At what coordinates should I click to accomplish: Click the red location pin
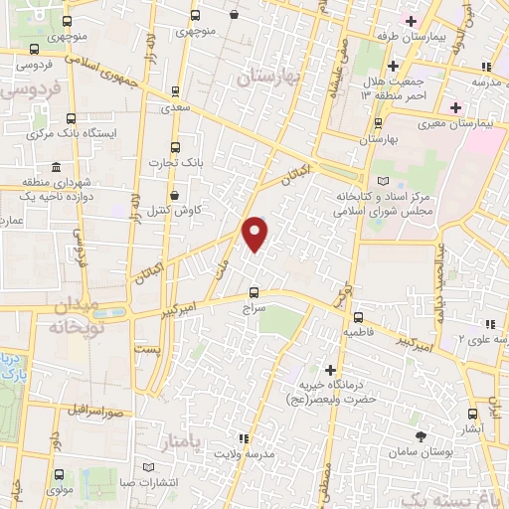255,234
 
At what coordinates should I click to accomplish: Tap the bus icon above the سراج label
254,292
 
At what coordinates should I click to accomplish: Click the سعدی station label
176,104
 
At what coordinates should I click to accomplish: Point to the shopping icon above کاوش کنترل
175,196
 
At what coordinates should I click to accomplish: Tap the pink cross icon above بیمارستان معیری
455,107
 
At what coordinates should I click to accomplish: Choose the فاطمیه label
359,331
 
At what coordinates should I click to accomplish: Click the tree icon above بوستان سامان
421,434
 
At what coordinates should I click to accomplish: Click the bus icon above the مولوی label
59,474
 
